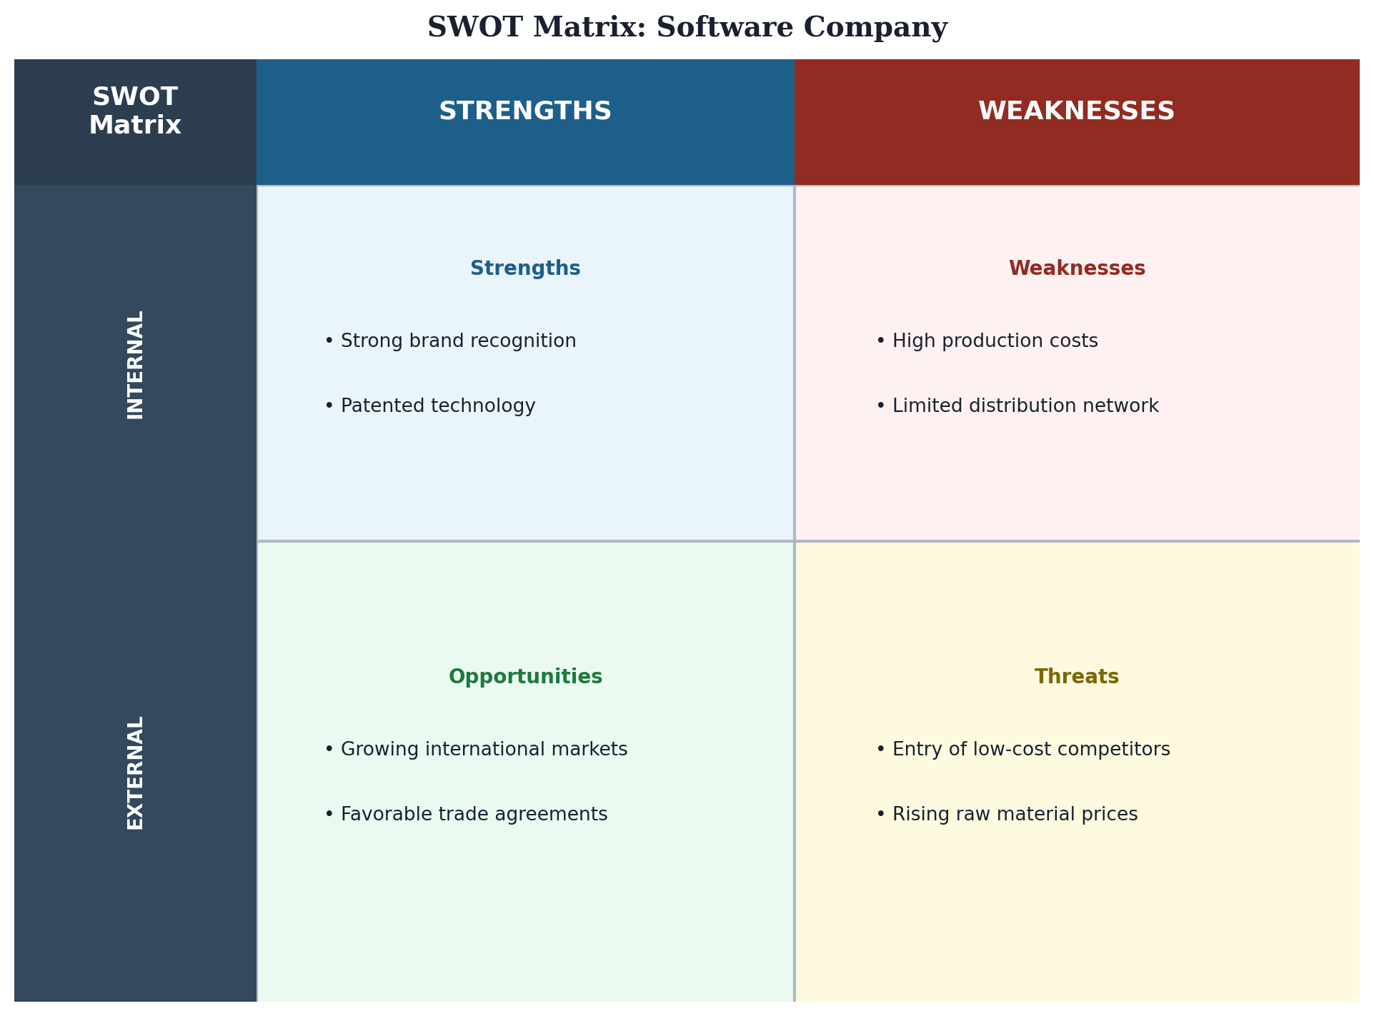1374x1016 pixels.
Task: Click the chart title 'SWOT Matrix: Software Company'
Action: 687,28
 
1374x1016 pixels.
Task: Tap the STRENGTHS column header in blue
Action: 525,111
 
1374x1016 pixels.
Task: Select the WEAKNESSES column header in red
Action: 1076,111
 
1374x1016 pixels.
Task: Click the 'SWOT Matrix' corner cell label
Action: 135,111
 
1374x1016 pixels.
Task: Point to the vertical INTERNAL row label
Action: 135,364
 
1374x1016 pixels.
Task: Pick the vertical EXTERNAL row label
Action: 135,773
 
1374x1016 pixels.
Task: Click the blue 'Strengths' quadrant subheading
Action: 525,268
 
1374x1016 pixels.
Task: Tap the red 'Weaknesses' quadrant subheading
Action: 1077,268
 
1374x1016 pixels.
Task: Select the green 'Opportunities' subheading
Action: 525,677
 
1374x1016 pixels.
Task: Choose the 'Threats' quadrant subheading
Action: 1077,677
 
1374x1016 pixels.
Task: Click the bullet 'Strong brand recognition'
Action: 450,341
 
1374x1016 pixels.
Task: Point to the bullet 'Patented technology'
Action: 429,406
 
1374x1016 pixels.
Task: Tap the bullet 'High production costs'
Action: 987,341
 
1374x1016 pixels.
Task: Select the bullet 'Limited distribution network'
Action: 1017,406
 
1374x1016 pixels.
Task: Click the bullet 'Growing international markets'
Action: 476,750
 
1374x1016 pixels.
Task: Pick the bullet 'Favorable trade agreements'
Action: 466,815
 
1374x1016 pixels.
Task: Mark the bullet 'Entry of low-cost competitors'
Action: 1022,750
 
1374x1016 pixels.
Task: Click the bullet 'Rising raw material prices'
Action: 1007,815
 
